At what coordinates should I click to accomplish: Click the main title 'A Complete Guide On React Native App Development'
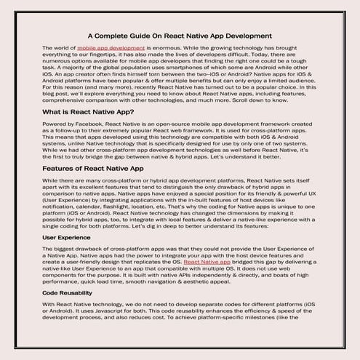(180, 34)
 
